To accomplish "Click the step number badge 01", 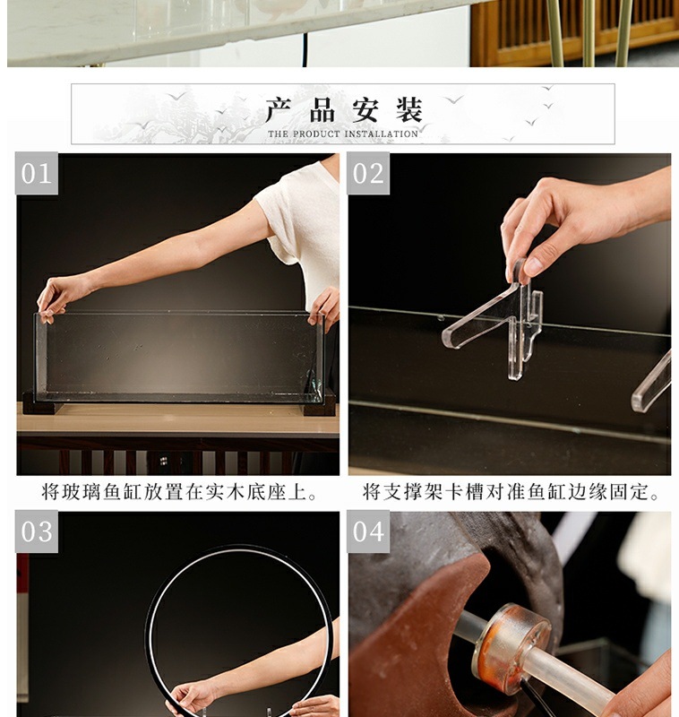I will tap(37, 173).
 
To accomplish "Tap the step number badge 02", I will tap(368, 173).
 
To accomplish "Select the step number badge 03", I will tap(37, 531).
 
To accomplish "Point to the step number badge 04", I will tap(368, 531).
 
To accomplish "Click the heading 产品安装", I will tap(343, 110).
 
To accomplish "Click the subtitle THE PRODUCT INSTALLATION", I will tap(343, 134).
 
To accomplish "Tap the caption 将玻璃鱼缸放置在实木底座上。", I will tap(179, 492).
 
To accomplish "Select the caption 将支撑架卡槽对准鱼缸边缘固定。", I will tap(511, 492).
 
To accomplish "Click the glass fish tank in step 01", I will tap(179, 356).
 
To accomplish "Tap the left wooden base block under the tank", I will tap(41, 405).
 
